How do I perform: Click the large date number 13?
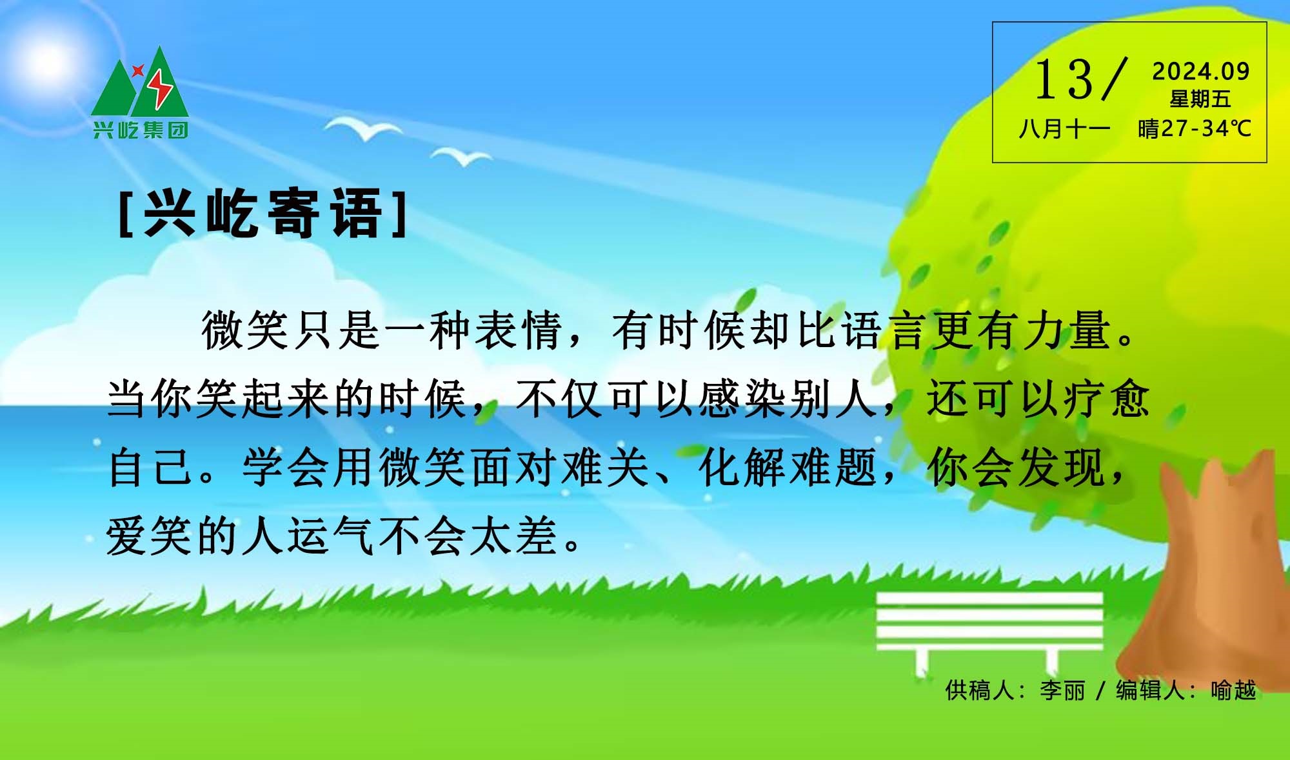(x=1064, y=79)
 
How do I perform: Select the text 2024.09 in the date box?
(x=1201, y=72)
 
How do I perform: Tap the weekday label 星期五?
(x=1200, y=99)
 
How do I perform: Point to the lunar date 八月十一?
(x=1064, y=129)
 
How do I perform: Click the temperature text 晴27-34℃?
(x=1194, y=129)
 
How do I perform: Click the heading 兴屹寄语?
(x=263, y=214)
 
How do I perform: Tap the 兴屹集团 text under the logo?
(x=140, y=130)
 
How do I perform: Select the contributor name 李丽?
(x=1062, y=690)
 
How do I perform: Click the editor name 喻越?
(x=1233, y=690)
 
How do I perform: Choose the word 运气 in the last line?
(x=330, y=537)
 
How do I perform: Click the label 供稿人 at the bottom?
(x=979, y=690)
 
